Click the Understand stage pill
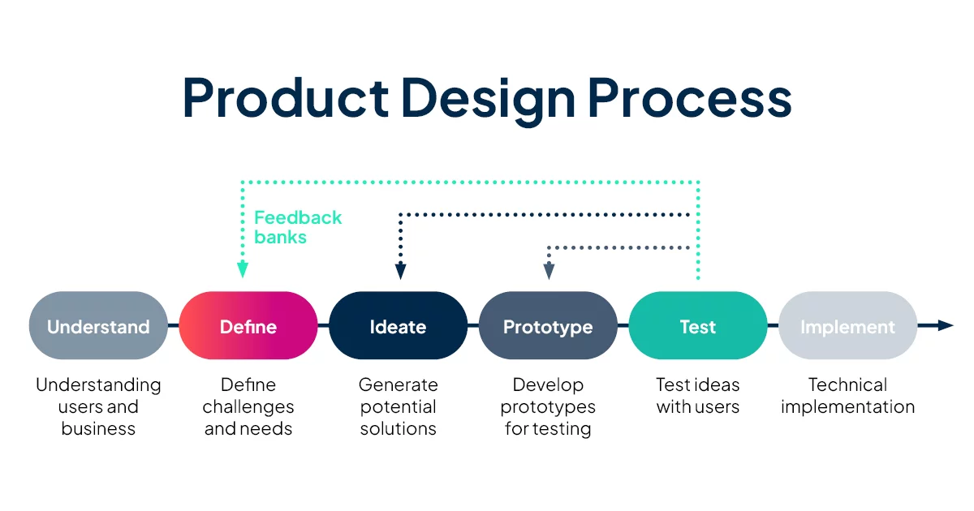[x=98, y=326]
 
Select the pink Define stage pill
[x=248, y=326]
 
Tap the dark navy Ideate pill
[x=398, y=326]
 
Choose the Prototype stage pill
[x=548, y=326]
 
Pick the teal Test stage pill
[x=698, y=326]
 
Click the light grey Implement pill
[x=847, y=326]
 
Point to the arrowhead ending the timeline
[x=946, y=325]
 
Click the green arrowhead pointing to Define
[x=242, y=269]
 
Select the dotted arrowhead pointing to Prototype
[x=549, y=270]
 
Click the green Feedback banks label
[x=298, y=227]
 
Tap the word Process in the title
[x=689, y=98]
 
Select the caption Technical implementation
[x=847, y=396]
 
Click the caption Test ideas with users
[x=698, y=396]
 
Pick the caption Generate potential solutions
[x=398, y=406]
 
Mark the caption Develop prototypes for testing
[x=548, y=406]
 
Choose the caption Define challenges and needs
[x=248, y=406]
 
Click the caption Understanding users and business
[x=98, y=406]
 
